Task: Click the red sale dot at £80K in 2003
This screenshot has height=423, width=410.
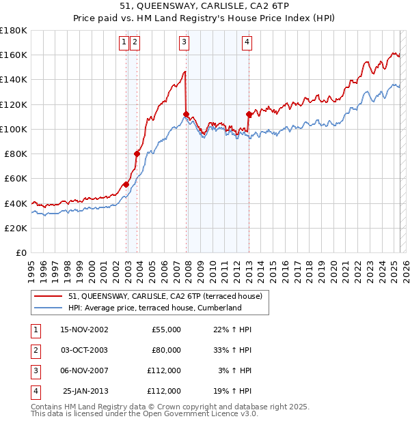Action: point(137,154)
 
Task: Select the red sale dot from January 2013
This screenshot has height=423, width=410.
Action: point(249,114)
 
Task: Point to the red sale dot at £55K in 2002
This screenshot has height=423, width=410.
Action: point(126,184)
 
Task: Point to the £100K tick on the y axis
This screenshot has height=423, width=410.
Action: point(14,129)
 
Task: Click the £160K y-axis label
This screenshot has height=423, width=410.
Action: point(14,55)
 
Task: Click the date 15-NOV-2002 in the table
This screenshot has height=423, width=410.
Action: point(84,330)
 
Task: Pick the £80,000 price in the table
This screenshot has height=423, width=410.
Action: point(165,350)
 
